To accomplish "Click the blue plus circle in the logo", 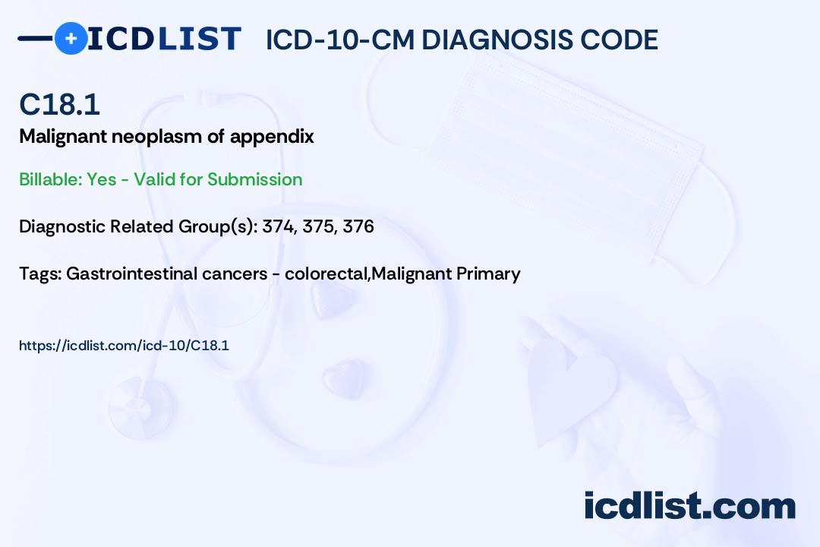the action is tap(71, 38).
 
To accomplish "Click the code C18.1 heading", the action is tap(60, 104).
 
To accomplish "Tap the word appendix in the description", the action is tap(272, 138).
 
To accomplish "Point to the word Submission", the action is tap(254, 179).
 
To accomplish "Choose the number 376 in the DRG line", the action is tap(358, 226).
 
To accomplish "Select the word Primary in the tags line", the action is tap(488, 274).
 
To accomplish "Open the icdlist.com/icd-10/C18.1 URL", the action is tap(124, 346).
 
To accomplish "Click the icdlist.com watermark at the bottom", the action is tap(689, 505).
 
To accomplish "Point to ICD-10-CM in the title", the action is tap(340, 40).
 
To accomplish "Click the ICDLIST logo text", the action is tap(164, 39).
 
